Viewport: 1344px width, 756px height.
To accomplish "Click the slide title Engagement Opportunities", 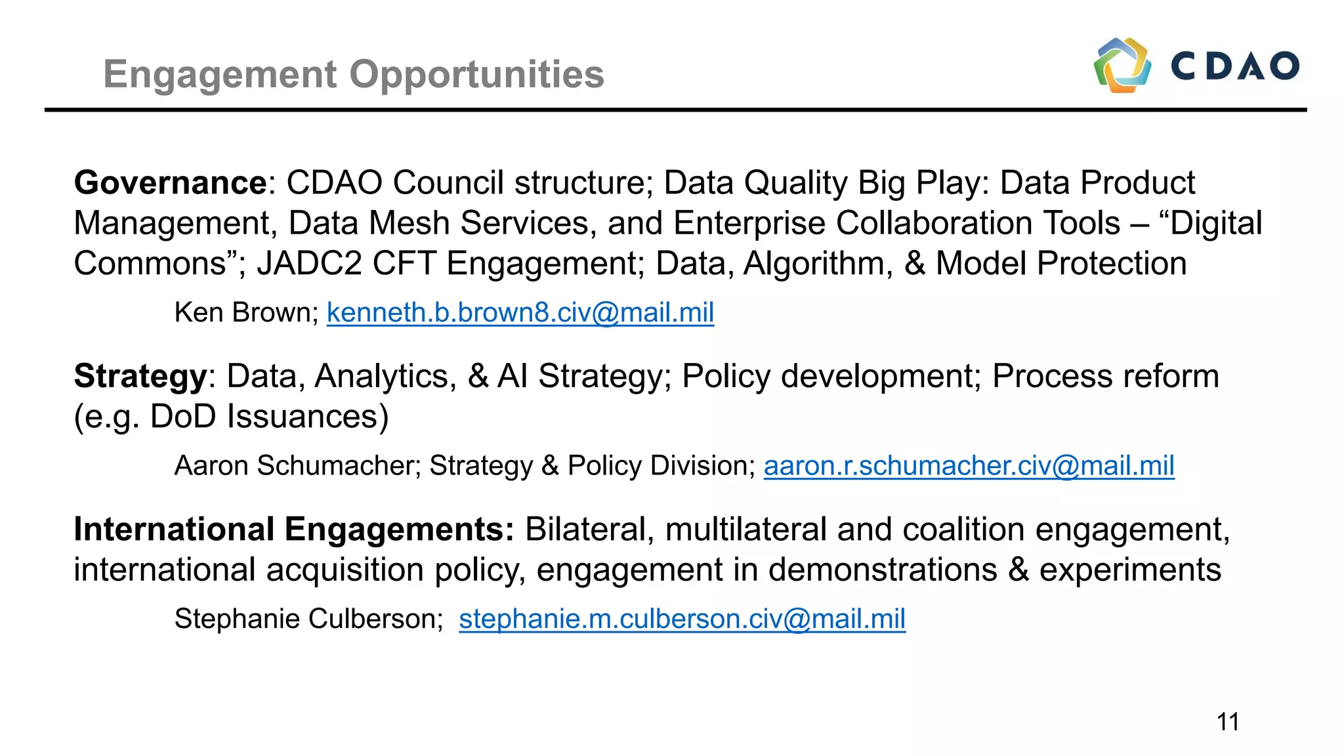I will click(x=354, y=74).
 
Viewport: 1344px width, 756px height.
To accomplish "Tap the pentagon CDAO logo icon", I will click(x=1122, y=65).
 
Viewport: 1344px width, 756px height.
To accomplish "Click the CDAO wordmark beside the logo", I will click(x=1235, y=66).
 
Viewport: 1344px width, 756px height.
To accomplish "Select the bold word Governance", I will click(x=171, y=182).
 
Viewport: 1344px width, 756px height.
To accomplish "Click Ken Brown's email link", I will click(x=520, y=312).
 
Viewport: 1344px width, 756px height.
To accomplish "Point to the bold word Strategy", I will click(x=140, y=377).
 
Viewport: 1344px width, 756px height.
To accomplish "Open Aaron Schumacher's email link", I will click(x=969, y=466).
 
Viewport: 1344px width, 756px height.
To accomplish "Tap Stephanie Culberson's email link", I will click(x=682, y=619).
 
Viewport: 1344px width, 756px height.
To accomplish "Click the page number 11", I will click(x=1228, y=722).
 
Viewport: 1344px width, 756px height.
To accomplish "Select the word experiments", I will click(x=1130, y=570).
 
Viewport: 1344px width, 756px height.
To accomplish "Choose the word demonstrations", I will click(x=883, y=570).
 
